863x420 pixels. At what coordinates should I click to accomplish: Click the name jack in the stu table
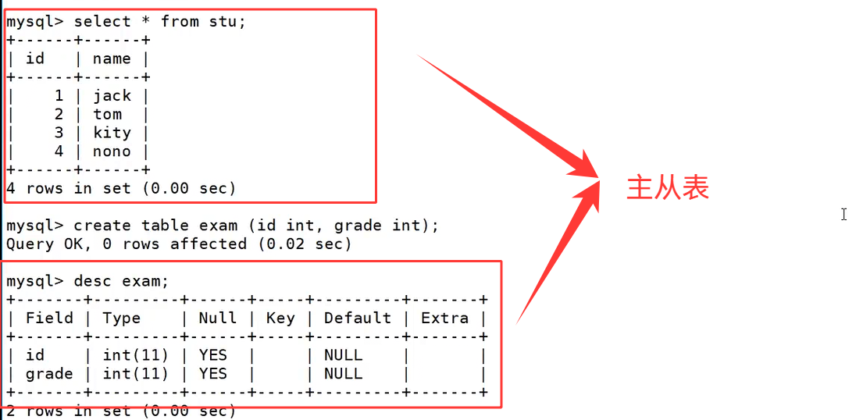pos(112,95)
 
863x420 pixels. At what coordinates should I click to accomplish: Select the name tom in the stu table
pos(108,114)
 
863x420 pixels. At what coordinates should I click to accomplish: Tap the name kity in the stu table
pos(112,133)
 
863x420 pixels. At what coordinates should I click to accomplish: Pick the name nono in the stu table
pos(112,151)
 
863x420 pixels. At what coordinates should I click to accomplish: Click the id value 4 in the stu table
pos(59,151)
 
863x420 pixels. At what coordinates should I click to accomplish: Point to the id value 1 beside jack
pos(59,95)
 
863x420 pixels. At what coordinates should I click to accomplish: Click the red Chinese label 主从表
pos(668,188)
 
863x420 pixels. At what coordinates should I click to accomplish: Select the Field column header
pos(49,318)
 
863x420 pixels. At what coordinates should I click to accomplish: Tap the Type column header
pos(122,318)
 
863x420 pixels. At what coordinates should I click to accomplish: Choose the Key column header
pos(280,318)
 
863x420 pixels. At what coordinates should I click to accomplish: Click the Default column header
pos(358,318)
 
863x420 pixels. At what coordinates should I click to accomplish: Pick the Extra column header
pos(444,318)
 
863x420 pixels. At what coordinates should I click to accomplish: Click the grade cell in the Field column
pos(49,374)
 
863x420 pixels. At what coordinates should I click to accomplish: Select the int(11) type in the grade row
pos(136,374)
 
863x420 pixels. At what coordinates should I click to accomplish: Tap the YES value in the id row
pos(213,355)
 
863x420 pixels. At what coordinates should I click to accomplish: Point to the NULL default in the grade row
pos(344,374)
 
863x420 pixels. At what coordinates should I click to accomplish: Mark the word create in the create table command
pos(102,226)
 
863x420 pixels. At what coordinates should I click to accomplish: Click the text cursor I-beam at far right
pos(844,214)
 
